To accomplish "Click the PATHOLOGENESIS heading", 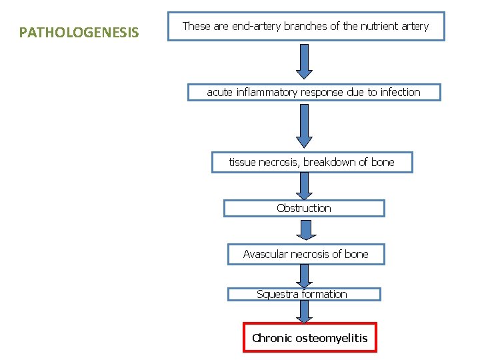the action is coord(79,32).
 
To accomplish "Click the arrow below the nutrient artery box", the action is coord(304,61).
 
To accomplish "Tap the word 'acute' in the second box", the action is coord(219,92).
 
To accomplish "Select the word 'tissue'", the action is coord(243,162).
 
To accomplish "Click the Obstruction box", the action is coord(304,208).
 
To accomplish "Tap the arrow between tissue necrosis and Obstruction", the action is coord(304,186).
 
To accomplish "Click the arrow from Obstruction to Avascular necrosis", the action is coord(305,231).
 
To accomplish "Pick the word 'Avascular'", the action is coord(266,254).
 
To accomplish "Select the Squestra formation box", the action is coord(304,294).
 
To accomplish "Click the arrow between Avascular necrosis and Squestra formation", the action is coord(305,275).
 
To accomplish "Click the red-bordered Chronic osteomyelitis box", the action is coord(309,338).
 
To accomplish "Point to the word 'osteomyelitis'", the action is coord(331,338).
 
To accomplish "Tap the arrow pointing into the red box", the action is coord(305,311).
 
